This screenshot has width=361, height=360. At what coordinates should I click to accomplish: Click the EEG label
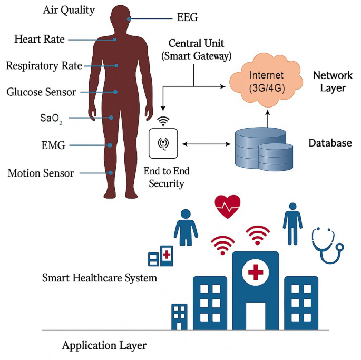187,18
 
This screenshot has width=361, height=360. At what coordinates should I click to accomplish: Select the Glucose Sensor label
41,92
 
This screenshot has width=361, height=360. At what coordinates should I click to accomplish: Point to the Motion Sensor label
41,173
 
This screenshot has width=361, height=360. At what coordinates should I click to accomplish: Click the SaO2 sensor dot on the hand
112,118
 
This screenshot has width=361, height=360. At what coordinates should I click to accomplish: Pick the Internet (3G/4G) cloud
267,81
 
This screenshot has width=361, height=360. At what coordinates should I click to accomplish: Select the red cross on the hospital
256,272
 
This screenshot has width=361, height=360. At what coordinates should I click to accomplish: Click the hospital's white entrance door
256,315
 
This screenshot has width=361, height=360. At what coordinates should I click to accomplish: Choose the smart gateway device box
164,143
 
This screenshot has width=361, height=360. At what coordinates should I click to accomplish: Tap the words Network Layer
333,81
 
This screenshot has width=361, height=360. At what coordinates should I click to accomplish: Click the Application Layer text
104,346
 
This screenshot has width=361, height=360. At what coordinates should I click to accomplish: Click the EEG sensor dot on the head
128,19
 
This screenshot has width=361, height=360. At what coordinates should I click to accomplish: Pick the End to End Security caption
167,178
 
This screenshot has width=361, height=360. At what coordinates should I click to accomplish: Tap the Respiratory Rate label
44,66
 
